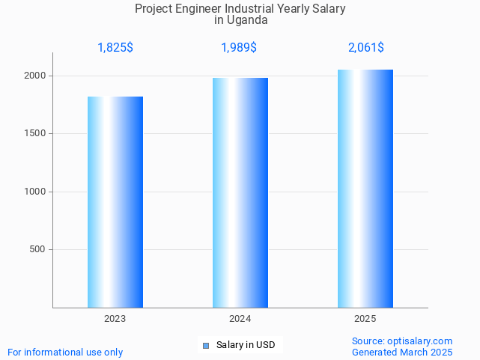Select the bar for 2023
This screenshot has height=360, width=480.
tap(115, 202)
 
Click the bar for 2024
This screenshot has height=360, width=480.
tap(240, 192)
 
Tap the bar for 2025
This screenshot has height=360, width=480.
tap(365, 189)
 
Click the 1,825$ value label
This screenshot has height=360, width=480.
tap(115, 48)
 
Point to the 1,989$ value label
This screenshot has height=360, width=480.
tap(239, 48)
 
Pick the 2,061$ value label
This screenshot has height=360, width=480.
tap(366, 48)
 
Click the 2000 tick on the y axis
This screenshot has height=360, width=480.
tap(35, 76)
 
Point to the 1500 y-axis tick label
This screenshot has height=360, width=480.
tap(35, 134)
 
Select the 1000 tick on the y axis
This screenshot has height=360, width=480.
tap(35, 192)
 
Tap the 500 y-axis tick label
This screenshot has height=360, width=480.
tap(38, 249)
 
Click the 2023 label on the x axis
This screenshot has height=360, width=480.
tap(115, 319)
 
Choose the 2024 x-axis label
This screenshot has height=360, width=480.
tap(240, 319)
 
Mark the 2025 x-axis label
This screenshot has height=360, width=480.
tap(365, 319)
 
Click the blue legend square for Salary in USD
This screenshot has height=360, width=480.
tap(206, 345)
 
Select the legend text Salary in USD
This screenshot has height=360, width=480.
tap(246, 345)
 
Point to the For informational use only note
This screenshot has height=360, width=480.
tap(65, 352)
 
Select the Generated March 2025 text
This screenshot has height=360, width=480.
tap(402, 352)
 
